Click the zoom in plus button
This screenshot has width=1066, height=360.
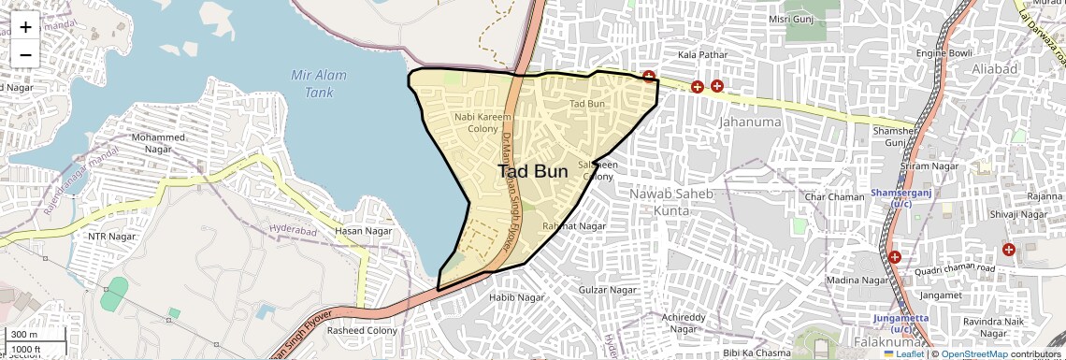click(x=25, y=27)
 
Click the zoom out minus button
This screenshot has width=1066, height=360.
click(x=25, y=54)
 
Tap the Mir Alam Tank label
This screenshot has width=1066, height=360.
click(x=319, y=83)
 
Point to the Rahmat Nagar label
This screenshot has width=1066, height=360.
click(x=574, y=225)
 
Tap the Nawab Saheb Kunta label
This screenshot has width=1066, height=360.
click(x=670, y=202)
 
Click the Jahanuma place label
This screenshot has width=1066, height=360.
click(x=749, y=122)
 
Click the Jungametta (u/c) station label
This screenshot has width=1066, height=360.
click(x=901, y=324)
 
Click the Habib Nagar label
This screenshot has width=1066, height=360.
click(x=517, y=297)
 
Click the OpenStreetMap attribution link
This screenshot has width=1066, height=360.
click(x=973, y=353)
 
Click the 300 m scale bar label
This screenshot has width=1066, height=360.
click(x=23, y=335)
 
